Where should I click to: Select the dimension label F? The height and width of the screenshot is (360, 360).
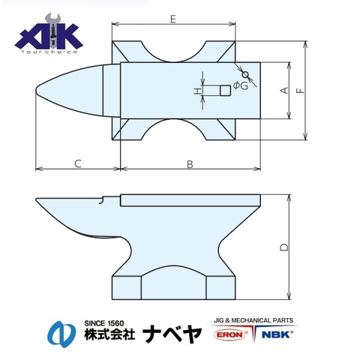[x=300, y=91]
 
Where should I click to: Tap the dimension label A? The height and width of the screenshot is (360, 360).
[x=283, y=91]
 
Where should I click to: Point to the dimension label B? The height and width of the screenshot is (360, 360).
[x=190, y=162]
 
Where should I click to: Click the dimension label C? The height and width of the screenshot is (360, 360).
[x=77, y=162]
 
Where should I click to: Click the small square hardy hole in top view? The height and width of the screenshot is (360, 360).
[x=224, y=91]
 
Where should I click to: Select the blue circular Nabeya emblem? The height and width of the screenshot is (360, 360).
[x=62, y=331]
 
